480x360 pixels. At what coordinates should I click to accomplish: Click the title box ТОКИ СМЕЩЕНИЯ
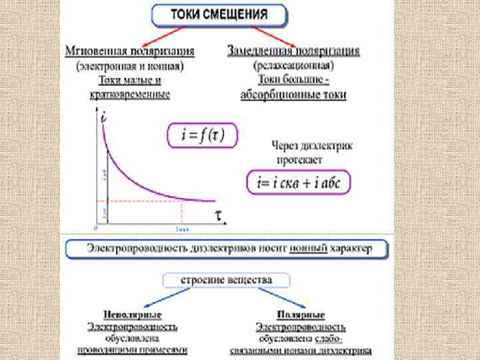click(219, 15)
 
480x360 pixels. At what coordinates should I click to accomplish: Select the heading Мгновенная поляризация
click(130, 51)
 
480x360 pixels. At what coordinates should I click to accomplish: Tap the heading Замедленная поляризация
click(293, 51)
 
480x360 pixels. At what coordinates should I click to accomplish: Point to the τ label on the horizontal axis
click(218, 215)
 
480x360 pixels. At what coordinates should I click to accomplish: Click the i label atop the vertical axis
click(104, 117)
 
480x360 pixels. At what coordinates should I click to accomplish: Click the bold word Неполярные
click(132, 315)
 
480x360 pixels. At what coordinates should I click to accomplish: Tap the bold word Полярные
click(301, 315)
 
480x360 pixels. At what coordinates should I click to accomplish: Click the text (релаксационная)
click(293, 66)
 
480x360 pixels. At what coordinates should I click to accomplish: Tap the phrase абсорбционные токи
click(293, 95)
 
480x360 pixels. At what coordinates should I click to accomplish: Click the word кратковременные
click(130, 95)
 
